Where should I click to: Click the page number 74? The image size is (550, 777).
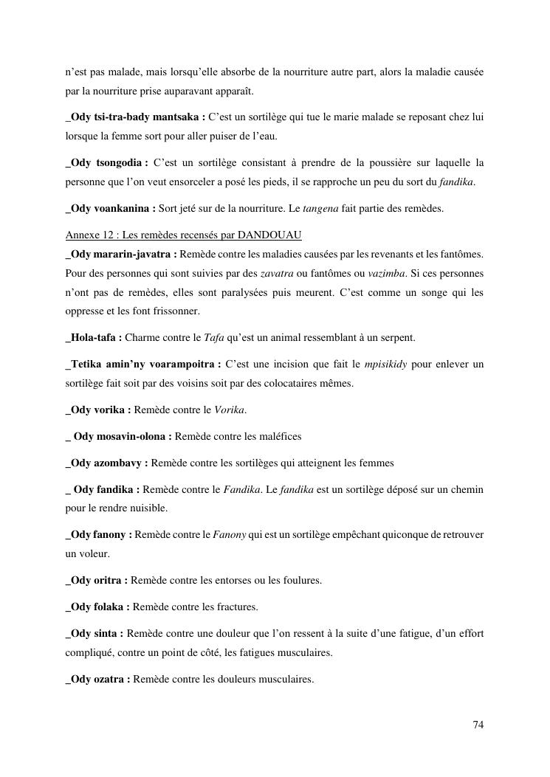click(478, 725)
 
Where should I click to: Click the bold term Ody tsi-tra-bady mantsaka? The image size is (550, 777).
click(135, 117)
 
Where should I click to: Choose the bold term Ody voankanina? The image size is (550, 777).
click(111, 208)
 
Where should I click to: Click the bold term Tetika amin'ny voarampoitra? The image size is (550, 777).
click(143, 365)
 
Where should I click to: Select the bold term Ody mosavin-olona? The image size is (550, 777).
click(122, 436)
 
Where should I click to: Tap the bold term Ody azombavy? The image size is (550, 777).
click(107, 463)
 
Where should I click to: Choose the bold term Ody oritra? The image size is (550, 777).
click(97, 580)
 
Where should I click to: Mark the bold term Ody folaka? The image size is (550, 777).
click(97, 607)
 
